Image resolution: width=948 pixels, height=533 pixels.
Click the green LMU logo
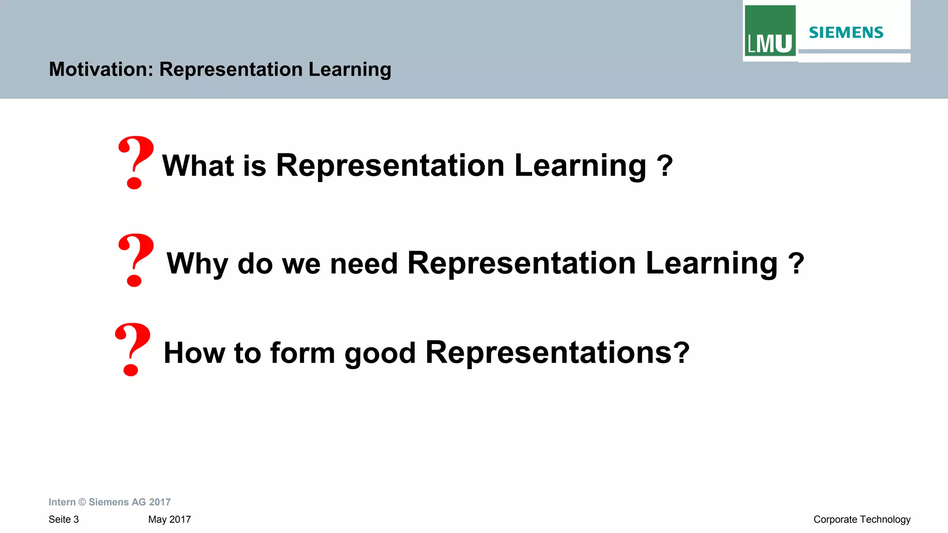pos(770,31)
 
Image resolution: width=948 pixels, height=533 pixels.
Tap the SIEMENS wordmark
pos(846,32)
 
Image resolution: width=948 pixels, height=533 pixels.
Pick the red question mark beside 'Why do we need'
pos(135,260)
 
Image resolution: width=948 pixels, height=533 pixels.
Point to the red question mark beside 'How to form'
pos(132,349)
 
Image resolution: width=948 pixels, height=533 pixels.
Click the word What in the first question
pos(198,165)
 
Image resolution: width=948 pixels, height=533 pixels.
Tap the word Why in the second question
pos(197,264)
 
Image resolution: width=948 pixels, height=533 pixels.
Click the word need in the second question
pos(364,264)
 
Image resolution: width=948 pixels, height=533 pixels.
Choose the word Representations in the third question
pos(549,353)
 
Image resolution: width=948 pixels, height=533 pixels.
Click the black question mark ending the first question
pos(665,166)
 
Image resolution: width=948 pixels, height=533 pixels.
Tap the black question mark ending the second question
pos(796,264)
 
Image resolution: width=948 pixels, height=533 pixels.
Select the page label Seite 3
pos(64,520)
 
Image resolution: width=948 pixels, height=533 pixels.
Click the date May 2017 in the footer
pos(169,520)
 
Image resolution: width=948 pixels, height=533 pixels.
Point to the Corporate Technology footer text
pos(861,520)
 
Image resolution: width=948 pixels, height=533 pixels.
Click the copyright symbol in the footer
pos(82,502)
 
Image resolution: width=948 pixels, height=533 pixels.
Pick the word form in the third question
pos(302,353)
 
